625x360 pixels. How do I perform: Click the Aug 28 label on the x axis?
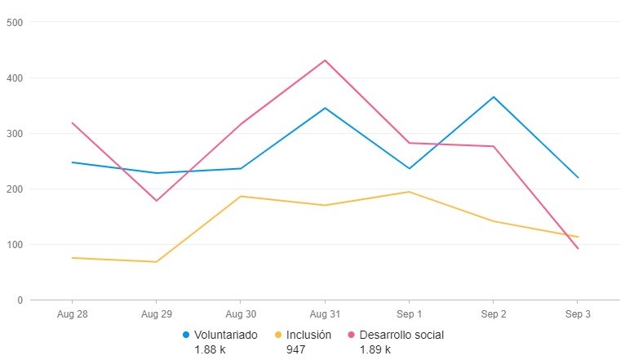click(x=72, y=313)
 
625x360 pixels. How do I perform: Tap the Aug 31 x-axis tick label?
click(x=325, y=313)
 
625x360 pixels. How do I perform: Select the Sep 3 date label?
click(x=578, y=313)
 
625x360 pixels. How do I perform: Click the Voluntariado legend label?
click(x=226, y=335)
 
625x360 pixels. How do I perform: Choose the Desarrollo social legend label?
click(x=401, y=335)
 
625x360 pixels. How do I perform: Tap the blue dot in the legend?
click(x=187, y=335)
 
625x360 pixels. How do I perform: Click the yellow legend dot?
click(x=278, y=335)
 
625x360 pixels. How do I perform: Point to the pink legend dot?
click(x=352, y=335)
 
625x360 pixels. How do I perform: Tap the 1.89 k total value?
click(x=375, y=349)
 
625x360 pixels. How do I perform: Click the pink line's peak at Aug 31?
click(x=325, y=60)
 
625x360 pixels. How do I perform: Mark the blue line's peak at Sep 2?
click(x=494, y=97)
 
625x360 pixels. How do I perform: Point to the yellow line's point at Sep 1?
click(x=409, y=192)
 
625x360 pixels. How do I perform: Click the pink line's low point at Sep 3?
click(x=578, y=249)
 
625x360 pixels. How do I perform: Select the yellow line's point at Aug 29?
click(x=156, y=262)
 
